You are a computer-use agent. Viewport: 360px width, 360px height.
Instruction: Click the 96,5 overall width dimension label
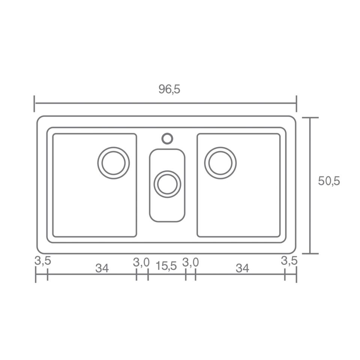pos(169,89)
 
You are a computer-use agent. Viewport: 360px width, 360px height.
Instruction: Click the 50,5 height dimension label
pos(329,181)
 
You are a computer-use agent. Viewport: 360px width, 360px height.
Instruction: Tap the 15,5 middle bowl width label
pos(166,266)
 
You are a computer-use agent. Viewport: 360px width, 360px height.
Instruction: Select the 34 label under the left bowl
pos(102,268)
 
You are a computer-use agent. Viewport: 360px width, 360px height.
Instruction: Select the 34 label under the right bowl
pos(243,268)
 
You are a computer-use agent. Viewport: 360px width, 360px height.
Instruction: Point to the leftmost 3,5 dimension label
pos(43,261)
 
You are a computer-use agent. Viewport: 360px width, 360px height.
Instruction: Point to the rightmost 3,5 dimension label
pos(289,261)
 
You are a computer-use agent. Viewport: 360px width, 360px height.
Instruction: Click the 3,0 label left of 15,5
pos(141,262)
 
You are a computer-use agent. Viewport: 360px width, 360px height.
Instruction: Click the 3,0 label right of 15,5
pos(190,262)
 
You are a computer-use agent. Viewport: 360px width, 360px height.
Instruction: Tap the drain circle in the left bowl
pos(113,147)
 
